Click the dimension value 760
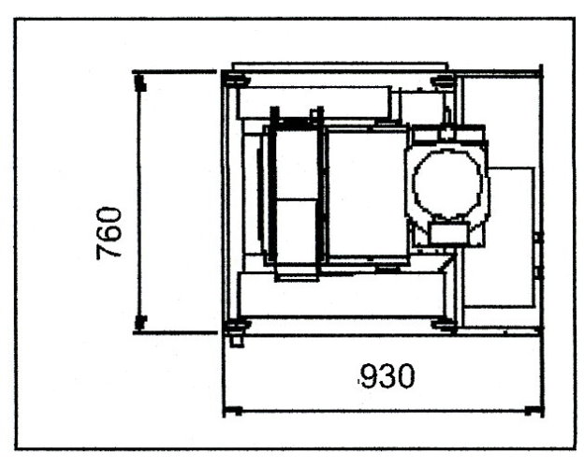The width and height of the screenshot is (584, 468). tap(109, 232)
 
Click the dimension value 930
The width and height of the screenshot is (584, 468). tap(387, 375)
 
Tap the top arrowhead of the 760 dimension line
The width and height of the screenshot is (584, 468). tap(140, 82)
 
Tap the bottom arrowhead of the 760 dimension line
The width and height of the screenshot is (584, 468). tap(140, 323)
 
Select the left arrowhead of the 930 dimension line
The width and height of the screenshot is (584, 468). tap(234, 411)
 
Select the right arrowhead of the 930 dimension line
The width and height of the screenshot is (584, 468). tap(533, 411)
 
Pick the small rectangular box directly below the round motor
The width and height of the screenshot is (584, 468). tap(448, 234)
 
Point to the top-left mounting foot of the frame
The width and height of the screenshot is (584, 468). tap(237, 80)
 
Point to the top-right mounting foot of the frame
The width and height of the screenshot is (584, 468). tap(443, 80)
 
